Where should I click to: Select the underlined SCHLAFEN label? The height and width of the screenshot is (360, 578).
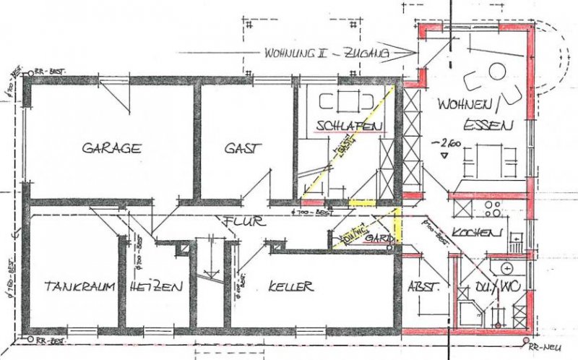pyautogui.click(x=349, y=127)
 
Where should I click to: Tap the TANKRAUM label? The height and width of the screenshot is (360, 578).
pyautogui.click(x=79, y=286)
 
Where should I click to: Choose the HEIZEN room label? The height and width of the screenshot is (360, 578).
pyautogui.click(x=156, y=286)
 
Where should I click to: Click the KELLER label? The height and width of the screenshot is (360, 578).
pyautogui.click(x=290, y=286)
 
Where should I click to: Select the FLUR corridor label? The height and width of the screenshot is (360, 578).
pyautogui.click(x=236, y=221)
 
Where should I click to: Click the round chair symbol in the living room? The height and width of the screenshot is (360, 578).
pyautogui.click(x=497, y=70)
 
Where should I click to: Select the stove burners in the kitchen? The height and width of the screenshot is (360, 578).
pyautogui.click(x=493, y=210)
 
